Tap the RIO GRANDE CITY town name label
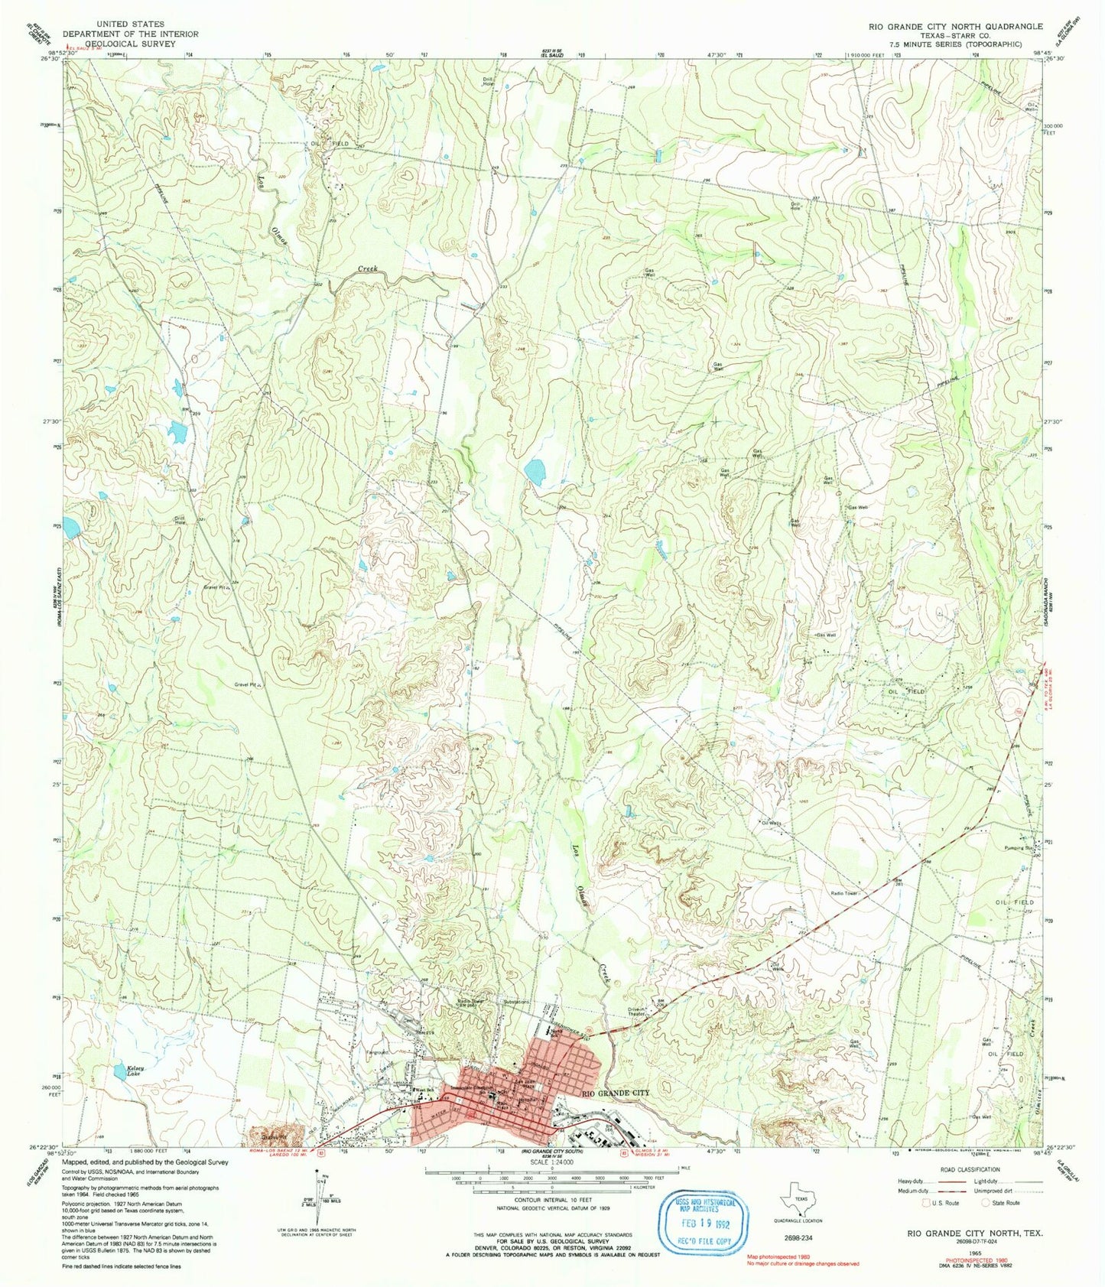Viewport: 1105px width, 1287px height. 616,1094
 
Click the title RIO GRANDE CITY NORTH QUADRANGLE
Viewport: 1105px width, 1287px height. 954,26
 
